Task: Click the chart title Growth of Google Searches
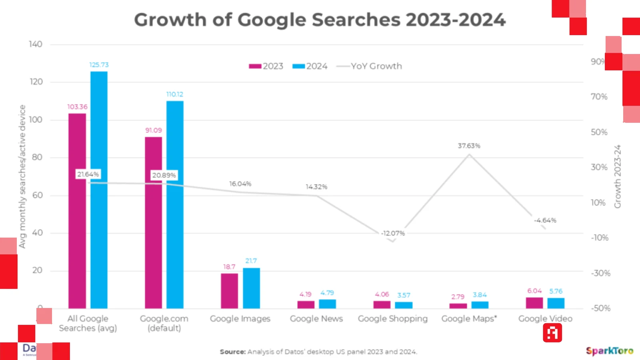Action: tap(320, 20)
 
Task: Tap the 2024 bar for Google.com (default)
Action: tap(175, 204)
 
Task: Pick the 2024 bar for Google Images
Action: tap(251, 288)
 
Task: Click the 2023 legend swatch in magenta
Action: tap(255, 66)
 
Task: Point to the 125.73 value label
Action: tap(99, 65)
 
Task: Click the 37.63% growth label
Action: tap(469, 146)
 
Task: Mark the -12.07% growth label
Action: tap(393, 233)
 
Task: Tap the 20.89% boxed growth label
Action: tap(164, 175)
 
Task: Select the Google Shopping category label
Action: tap(393, 319)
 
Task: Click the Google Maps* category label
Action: tap(469, 319)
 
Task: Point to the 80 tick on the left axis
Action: tap(37, 157)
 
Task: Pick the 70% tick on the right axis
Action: tap(599, 97)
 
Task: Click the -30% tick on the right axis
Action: tap(600, 273)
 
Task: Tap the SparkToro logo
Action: tap(610, 351)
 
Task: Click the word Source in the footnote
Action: tap(232, 352)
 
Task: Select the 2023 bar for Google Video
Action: tap(534, 303)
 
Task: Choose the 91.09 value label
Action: tap(154, 130)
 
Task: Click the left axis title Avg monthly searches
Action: tap(22, 176)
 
